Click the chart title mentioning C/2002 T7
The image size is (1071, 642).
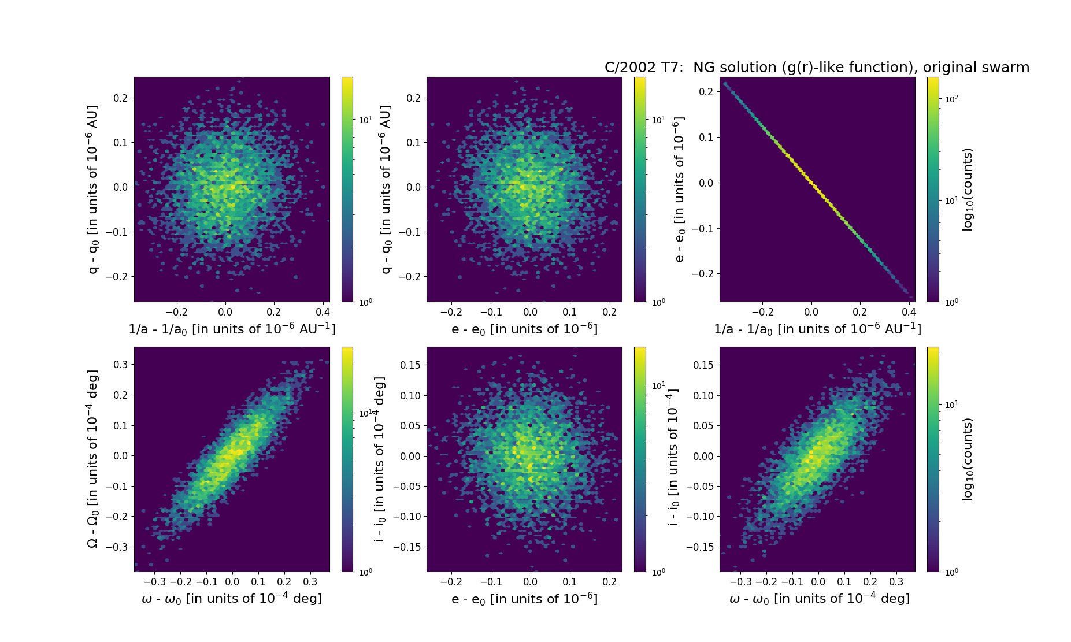[x=817, y=68]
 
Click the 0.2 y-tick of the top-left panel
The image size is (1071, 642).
[x=120, y=98]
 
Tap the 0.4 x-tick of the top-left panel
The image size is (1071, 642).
[x=322, y=312]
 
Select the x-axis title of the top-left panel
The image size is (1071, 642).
[x=232, y=329]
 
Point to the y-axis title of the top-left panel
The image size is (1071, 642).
[x=93, y=189]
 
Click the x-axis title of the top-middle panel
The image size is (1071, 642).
[x=524, y=329]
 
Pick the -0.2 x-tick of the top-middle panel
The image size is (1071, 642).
[x=451, y=312]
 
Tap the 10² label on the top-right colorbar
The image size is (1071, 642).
[x=951, y=99]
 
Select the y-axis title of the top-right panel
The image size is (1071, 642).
[x=679, y=189]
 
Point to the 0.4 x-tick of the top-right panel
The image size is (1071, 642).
[x=909, y=312]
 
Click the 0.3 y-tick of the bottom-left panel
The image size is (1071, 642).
[x=120, y=365]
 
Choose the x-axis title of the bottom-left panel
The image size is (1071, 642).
[x=232, y=599]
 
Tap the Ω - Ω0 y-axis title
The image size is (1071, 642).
[x=93, y=459]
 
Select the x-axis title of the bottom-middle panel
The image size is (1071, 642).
[x=524, y=599]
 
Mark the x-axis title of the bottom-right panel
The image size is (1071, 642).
[x=820, y=599]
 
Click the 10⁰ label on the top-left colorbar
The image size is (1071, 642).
[x=365, y=302]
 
